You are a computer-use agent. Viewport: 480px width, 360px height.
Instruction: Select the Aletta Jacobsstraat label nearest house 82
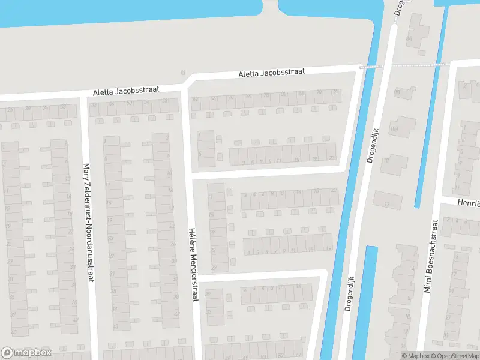pyautogui.click(x=271, y=73)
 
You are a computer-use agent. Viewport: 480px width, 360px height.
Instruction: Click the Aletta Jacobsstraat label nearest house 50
pyautogui.click(x=126, y=91)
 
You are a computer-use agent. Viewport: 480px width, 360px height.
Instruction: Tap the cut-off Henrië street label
pyautogui.click(x=467, y=204)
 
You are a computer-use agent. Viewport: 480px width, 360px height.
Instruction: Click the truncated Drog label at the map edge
pyautogui.click(x=398, y=7)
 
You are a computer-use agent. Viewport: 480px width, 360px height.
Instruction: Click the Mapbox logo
pyautogui.click(x=26, y=353)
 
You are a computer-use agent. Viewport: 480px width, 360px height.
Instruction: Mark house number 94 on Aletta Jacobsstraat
pyautogui.click(x=337, y=92)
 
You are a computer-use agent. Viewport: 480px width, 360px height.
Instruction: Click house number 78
pyautogui.click(x=266, y=95)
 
